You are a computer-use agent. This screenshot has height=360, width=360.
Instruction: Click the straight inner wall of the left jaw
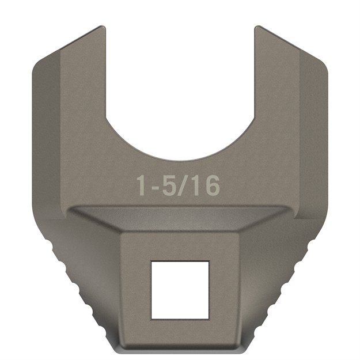tap(105, 75)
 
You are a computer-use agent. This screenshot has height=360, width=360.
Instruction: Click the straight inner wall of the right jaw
tap(255, 75)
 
